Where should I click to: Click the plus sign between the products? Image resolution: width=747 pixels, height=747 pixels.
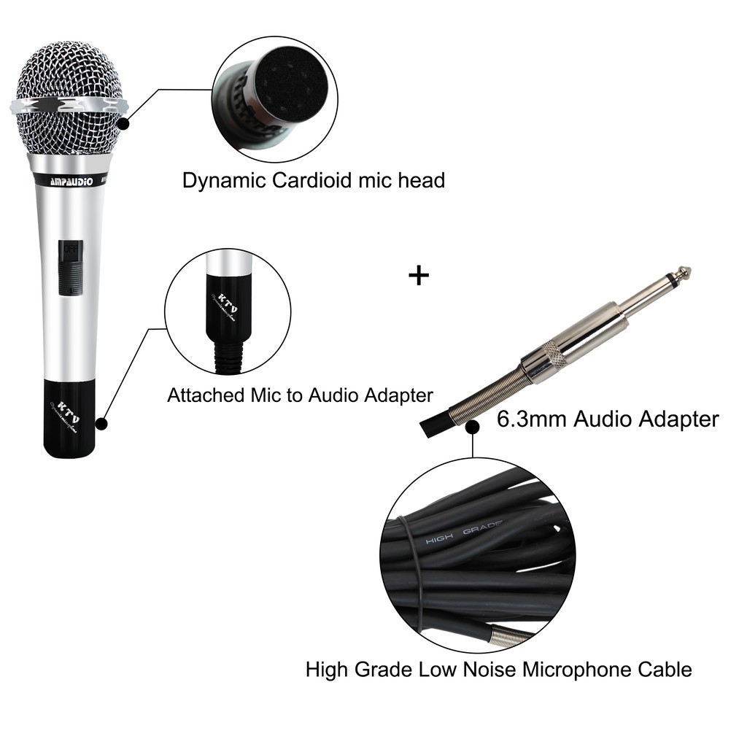[418, 276]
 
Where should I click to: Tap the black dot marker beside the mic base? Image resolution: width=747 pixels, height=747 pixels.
[102, 423]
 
